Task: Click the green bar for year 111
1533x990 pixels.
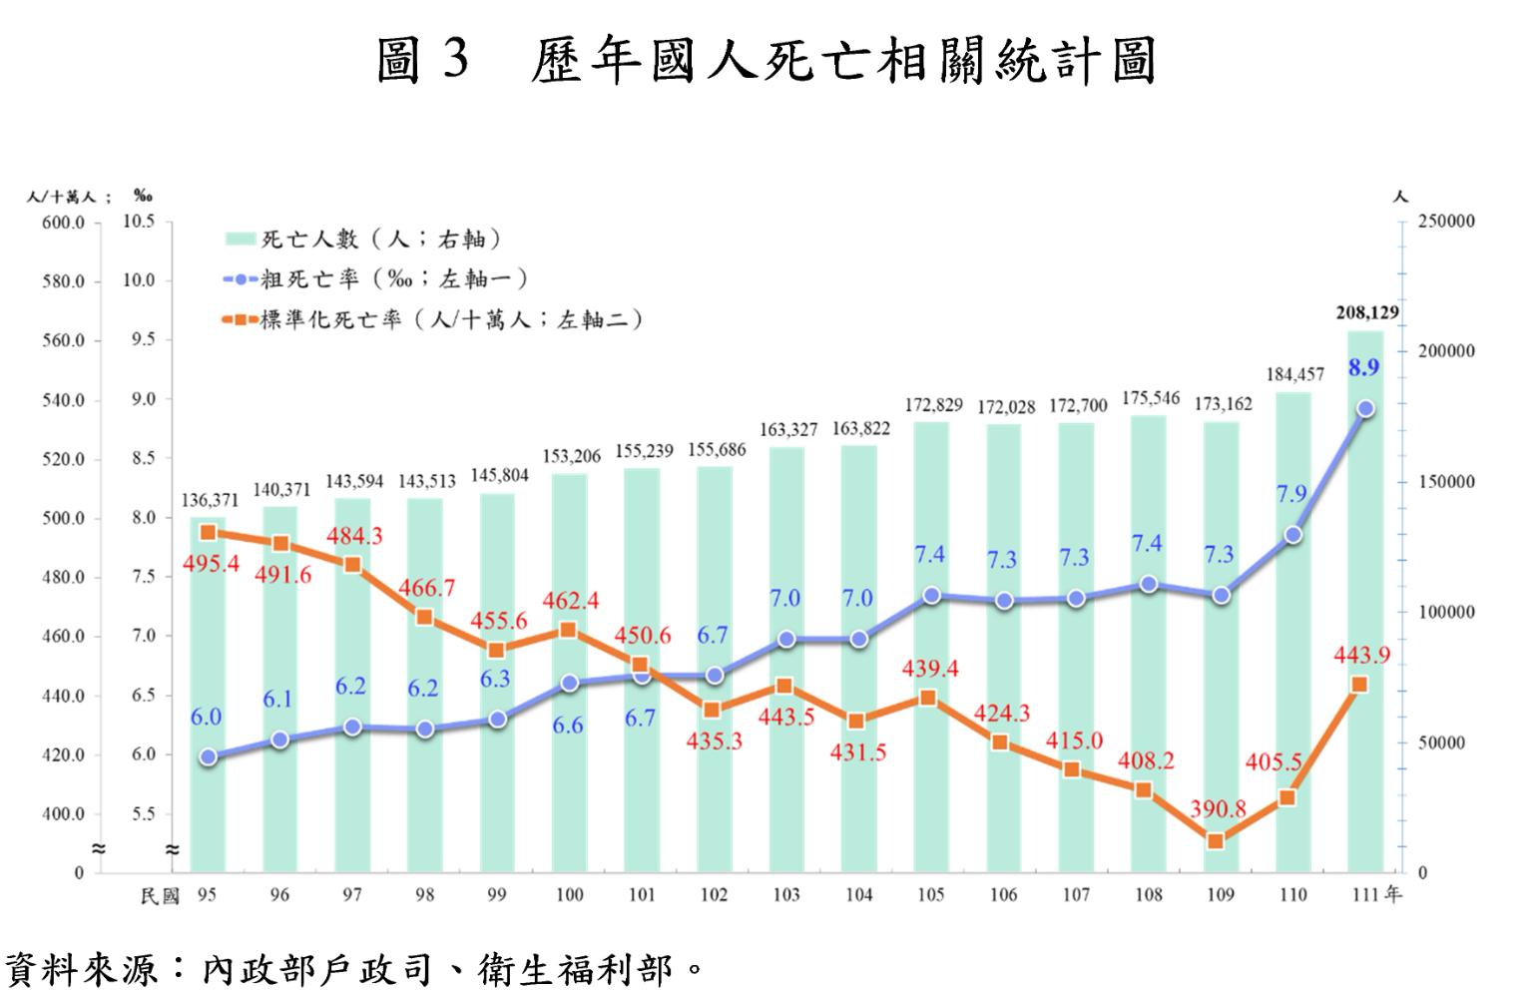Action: (1364, 599)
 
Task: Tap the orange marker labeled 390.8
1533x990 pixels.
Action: (1216, 841)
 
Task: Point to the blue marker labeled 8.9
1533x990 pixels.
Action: (1365, 408)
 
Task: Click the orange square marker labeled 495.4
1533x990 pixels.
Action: (209, 533)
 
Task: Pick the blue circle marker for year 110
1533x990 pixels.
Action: (1292, 535)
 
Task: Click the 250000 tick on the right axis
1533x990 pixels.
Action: (1446, 222)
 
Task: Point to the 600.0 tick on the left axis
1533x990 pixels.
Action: (64, 223)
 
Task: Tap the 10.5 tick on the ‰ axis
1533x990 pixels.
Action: (139, 222)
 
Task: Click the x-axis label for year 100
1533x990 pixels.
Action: (569, 895)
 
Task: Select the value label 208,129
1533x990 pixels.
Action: (1367, 313)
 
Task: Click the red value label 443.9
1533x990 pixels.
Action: (1361, 656)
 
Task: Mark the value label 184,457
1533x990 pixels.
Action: (1294, 374)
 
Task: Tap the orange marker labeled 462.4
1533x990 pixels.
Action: (568, 630)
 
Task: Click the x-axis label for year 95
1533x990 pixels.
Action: (207, 895)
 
